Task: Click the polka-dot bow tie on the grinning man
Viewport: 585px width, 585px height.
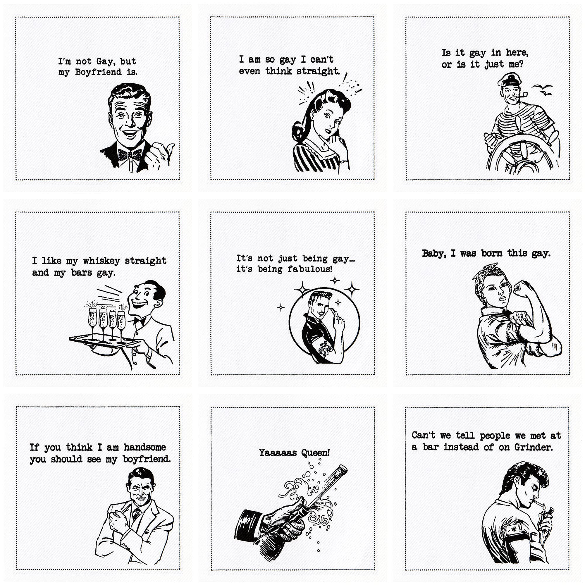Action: (x=130, y=155)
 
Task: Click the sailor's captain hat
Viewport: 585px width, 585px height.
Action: (x=509, y=80)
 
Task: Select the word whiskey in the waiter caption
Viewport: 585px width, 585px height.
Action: (x=101, y=261)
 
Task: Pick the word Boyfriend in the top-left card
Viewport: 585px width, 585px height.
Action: (x=98, y=72)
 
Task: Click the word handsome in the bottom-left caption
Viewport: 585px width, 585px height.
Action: (x=144, y=447)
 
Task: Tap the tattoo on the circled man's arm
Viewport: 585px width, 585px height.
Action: (x=327, y=347)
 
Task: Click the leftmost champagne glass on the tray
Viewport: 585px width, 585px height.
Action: (x=92, y=321)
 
